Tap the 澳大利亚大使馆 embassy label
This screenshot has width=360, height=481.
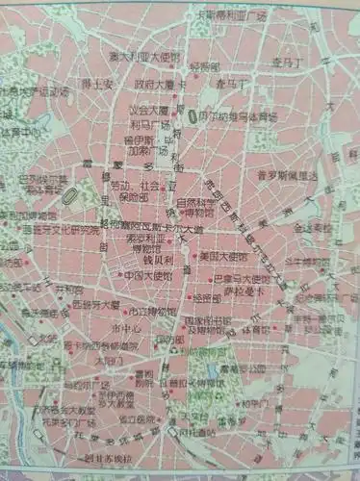[x=143, y=57]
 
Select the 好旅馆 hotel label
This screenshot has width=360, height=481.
[x=205, y=66]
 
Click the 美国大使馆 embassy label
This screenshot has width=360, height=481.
[x=222, y=255]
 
